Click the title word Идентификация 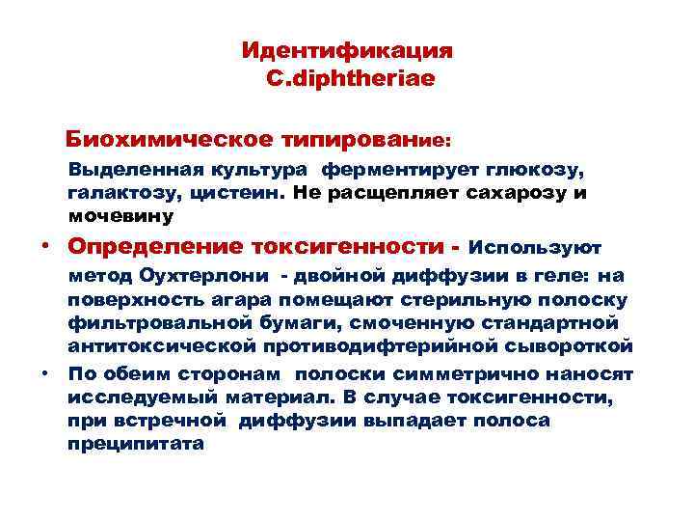346,49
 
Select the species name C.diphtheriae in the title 350,76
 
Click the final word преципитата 136,443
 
